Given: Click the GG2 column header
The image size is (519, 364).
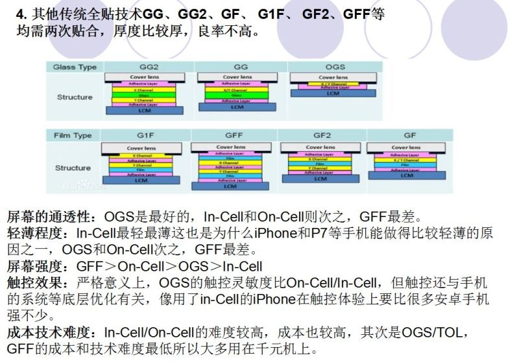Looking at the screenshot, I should click(149, 67).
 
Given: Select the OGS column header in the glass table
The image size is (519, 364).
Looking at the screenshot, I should click(335, 67).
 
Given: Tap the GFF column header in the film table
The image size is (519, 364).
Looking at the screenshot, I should click(234, 135).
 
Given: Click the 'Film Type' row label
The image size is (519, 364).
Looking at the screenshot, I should click(73, 135).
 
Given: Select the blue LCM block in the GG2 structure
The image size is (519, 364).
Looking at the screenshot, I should click(144, 111).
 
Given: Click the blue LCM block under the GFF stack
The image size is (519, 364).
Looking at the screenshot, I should click(231, 186).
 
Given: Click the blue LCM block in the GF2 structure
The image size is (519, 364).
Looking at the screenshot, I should click(320, 178).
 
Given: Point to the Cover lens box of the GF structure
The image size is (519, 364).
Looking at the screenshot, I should click(407, 148).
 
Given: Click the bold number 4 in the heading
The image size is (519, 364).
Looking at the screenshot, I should click(21, 14).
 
